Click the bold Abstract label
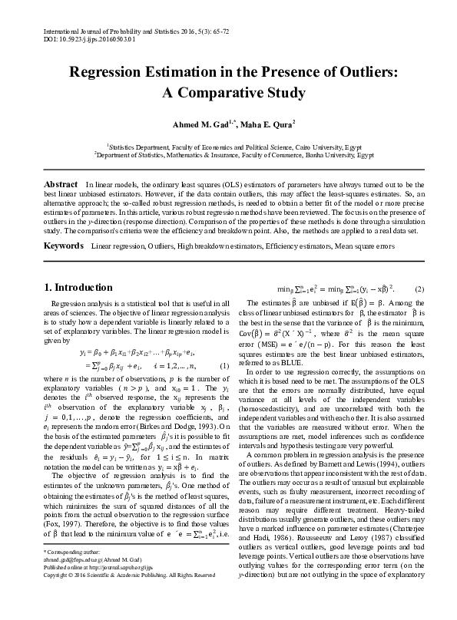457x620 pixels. coord(61,185)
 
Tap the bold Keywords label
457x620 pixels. coord(63,246)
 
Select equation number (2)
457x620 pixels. coord(419,289)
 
